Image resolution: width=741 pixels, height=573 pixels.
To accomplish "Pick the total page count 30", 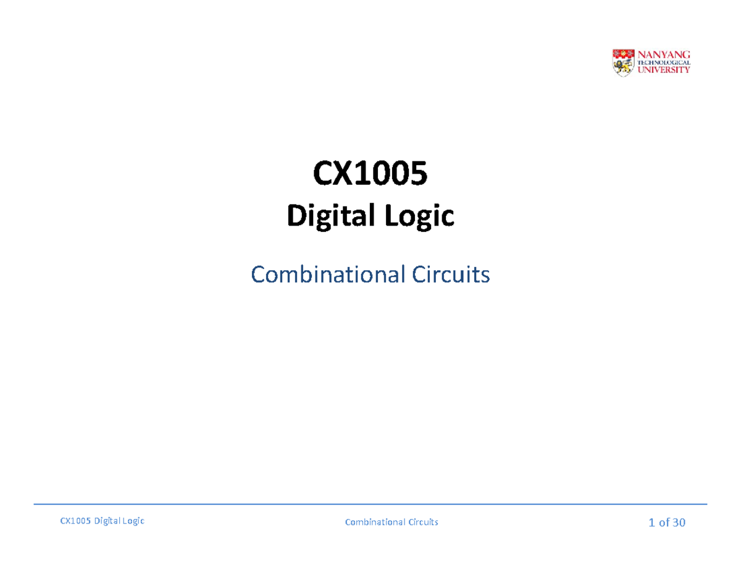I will [x=679, y=523].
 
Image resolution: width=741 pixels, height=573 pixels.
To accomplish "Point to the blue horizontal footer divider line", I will [x=371, y=504].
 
